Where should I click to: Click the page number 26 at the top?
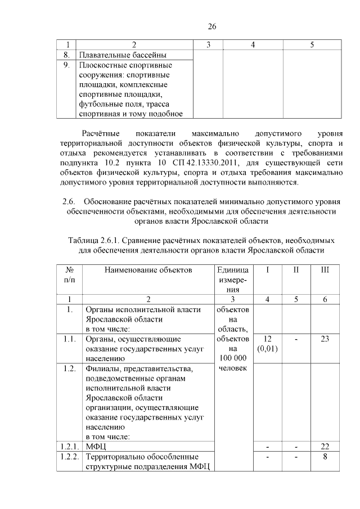coord(212,26)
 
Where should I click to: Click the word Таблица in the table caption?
coord(83,240)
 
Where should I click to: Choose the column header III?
coord(325,270)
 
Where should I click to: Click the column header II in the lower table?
coord(296,270)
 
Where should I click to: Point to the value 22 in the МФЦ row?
coord(325,446)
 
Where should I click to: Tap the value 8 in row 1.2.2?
coord(325,456)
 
